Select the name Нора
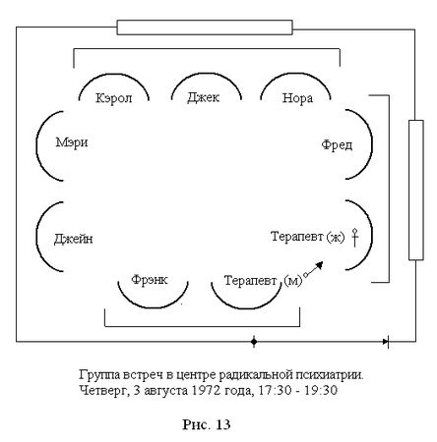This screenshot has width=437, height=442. pos(297,98)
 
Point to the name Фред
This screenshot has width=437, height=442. pos(336,144)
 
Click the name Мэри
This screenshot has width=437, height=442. pos(73,143)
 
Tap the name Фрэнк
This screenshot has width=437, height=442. pos(149,279)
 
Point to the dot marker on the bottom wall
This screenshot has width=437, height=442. pos(253,342)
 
